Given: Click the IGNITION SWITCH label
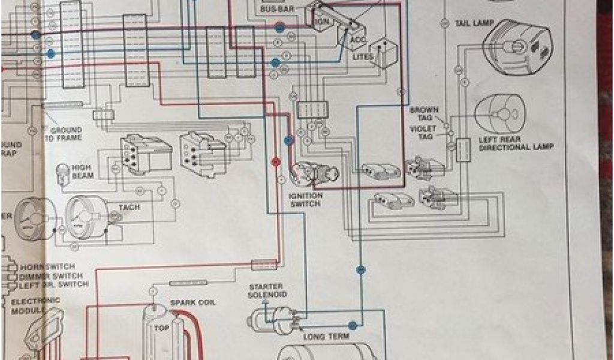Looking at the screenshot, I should [306, 200].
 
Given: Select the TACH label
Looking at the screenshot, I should [129, 208].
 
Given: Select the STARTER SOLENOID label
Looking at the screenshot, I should [266, 291].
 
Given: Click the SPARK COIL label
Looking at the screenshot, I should [193, 302].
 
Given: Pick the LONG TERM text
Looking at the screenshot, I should [326, 337].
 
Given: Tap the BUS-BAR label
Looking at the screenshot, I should [275, 9].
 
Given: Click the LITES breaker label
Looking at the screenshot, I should [363, 57].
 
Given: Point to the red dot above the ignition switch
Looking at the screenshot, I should [276, 161].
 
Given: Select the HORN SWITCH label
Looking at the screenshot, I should [48, 266].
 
